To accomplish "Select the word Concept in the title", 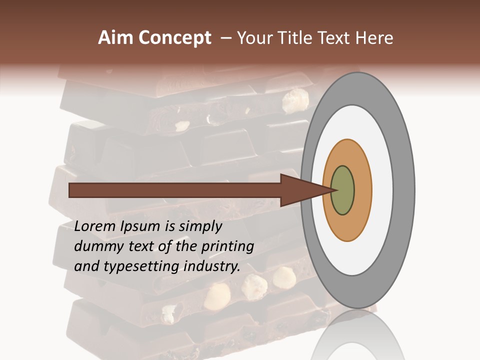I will pos(175,38).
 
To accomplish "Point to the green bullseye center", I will pos(343,190).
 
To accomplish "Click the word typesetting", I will pos(140,266).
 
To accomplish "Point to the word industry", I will pos(211,266).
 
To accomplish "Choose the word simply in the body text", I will pos(200,227).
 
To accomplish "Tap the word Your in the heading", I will pos(252,38).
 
